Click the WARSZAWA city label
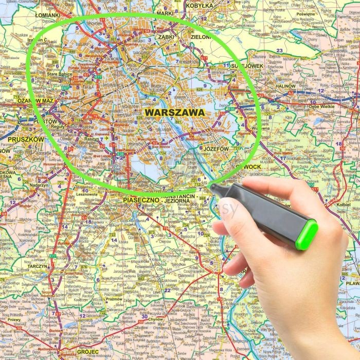(175, 112)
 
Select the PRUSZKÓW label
(26, 139)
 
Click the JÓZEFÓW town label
(216, 149)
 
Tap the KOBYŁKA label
(200, 6)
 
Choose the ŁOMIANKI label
(48, 15)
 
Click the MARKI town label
(166, 13)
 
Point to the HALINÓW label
(285, 86)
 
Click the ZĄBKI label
(167, 37)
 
